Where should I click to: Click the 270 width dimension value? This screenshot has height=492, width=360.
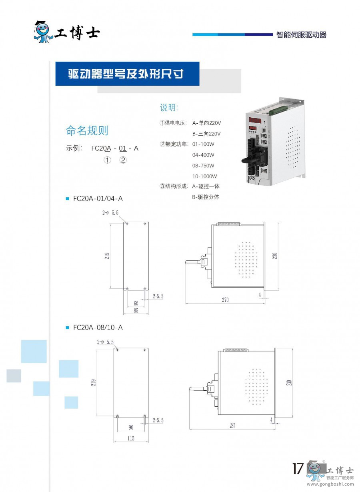[x=225, y=300]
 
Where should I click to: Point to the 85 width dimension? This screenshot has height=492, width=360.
[x=136, y=310]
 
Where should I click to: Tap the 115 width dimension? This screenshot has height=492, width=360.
[x=131, y=438]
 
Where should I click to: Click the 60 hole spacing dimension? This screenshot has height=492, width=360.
[x=136, y=303]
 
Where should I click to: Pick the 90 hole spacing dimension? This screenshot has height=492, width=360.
[x=131, y=428]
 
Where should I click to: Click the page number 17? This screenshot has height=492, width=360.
[x=298, y=468]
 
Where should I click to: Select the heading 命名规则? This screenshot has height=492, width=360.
[x=87, y=131]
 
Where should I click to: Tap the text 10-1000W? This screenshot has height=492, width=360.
[x=204, y=176]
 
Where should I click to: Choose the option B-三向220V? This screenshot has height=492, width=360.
[x=206, y=134]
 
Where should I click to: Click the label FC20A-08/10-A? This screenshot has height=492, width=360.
[x=98, y=327]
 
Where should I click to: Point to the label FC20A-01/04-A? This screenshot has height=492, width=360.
[x=98, y=198]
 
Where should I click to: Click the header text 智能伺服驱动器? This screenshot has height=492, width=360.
[x=301, y=35]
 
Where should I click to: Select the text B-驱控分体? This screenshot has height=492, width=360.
[x=206, y=197]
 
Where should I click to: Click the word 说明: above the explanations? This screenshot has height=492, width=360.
[x=169, y=108]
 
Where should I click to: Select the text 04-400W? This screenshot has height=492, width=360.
[x=203, y=155]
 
